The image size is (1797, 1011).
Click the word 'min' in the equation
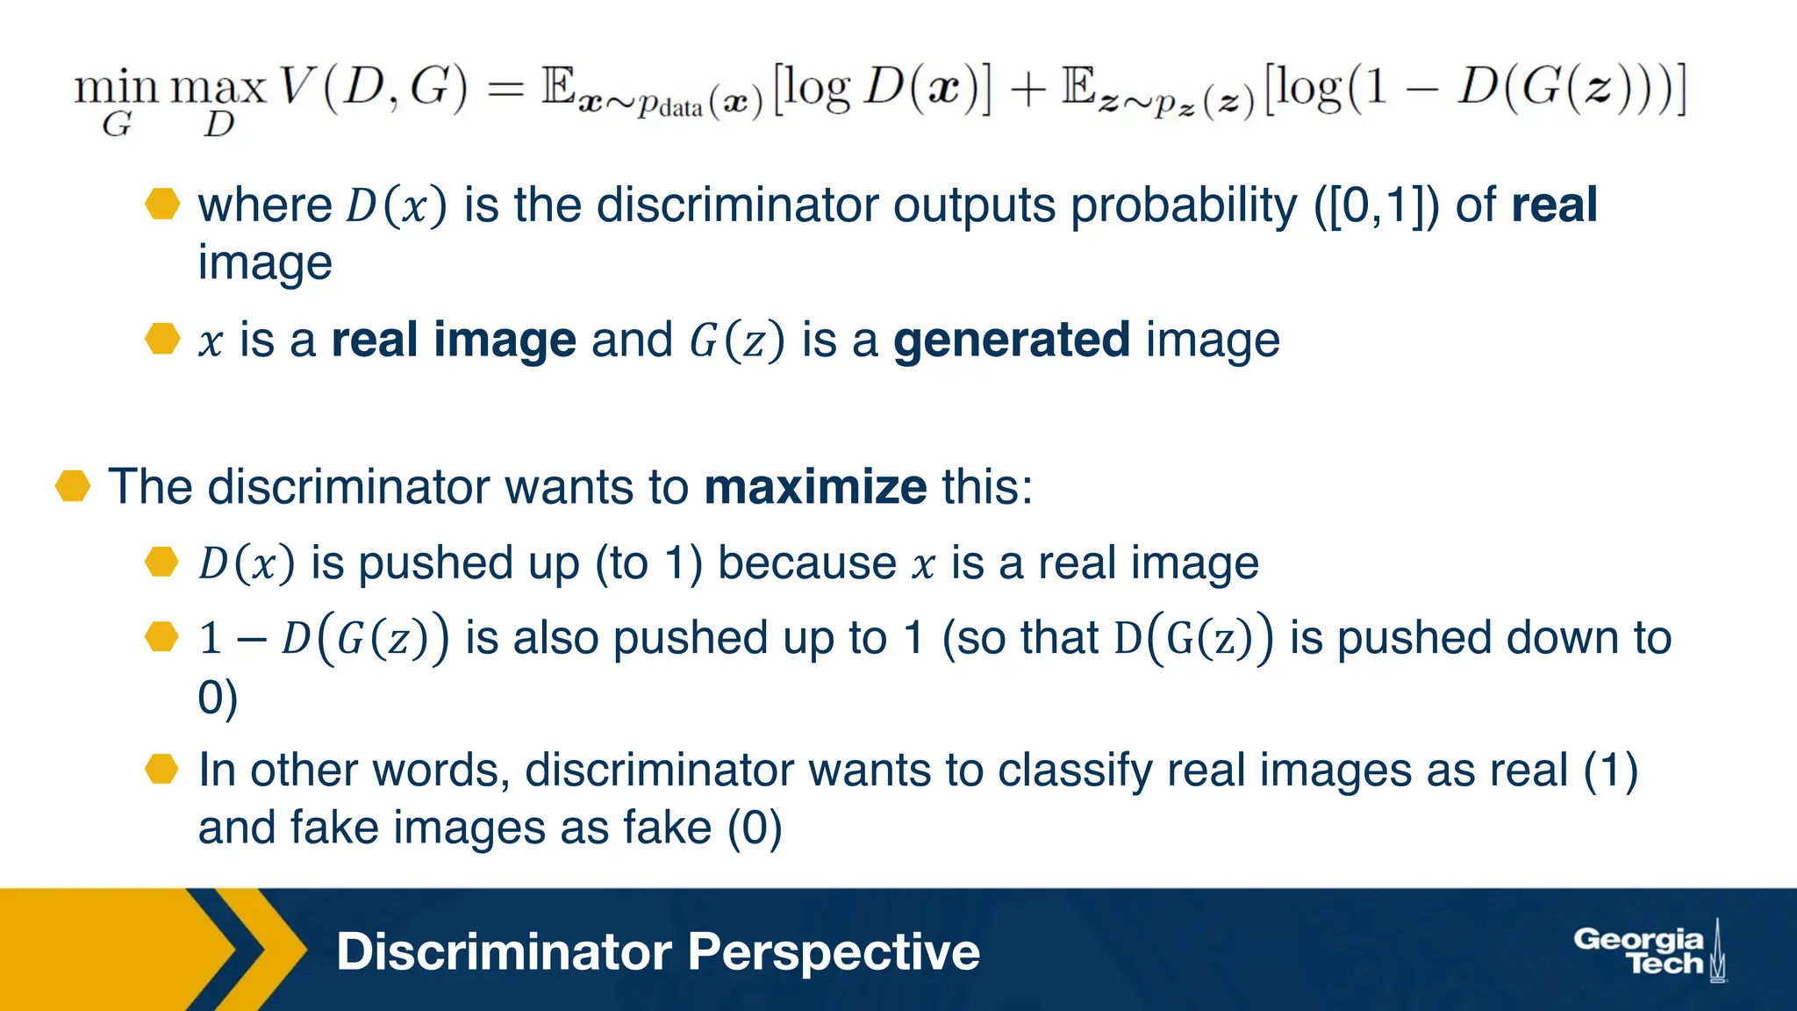coord(116,89)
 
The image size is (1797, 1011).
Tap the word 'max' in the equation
coord(218,89)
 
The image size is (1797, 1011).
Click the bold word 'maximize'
coord(815,487)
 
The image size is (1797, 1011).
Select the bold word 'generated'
coord(1012,341)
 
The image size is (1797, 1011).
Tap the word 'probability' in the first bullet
coord(1184,205)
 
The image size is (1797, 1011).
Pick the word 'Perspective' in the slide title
coord(834,952)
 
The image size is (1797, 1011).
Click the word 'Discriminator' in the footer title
coord(504,952)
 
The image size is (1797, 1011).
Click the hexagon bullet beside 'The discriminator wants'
coord(73,486)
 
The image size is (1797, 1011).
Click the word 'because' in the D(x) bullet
coord(807,563)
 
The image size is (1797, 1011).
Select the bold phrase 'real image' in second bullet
coord(454,341)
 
